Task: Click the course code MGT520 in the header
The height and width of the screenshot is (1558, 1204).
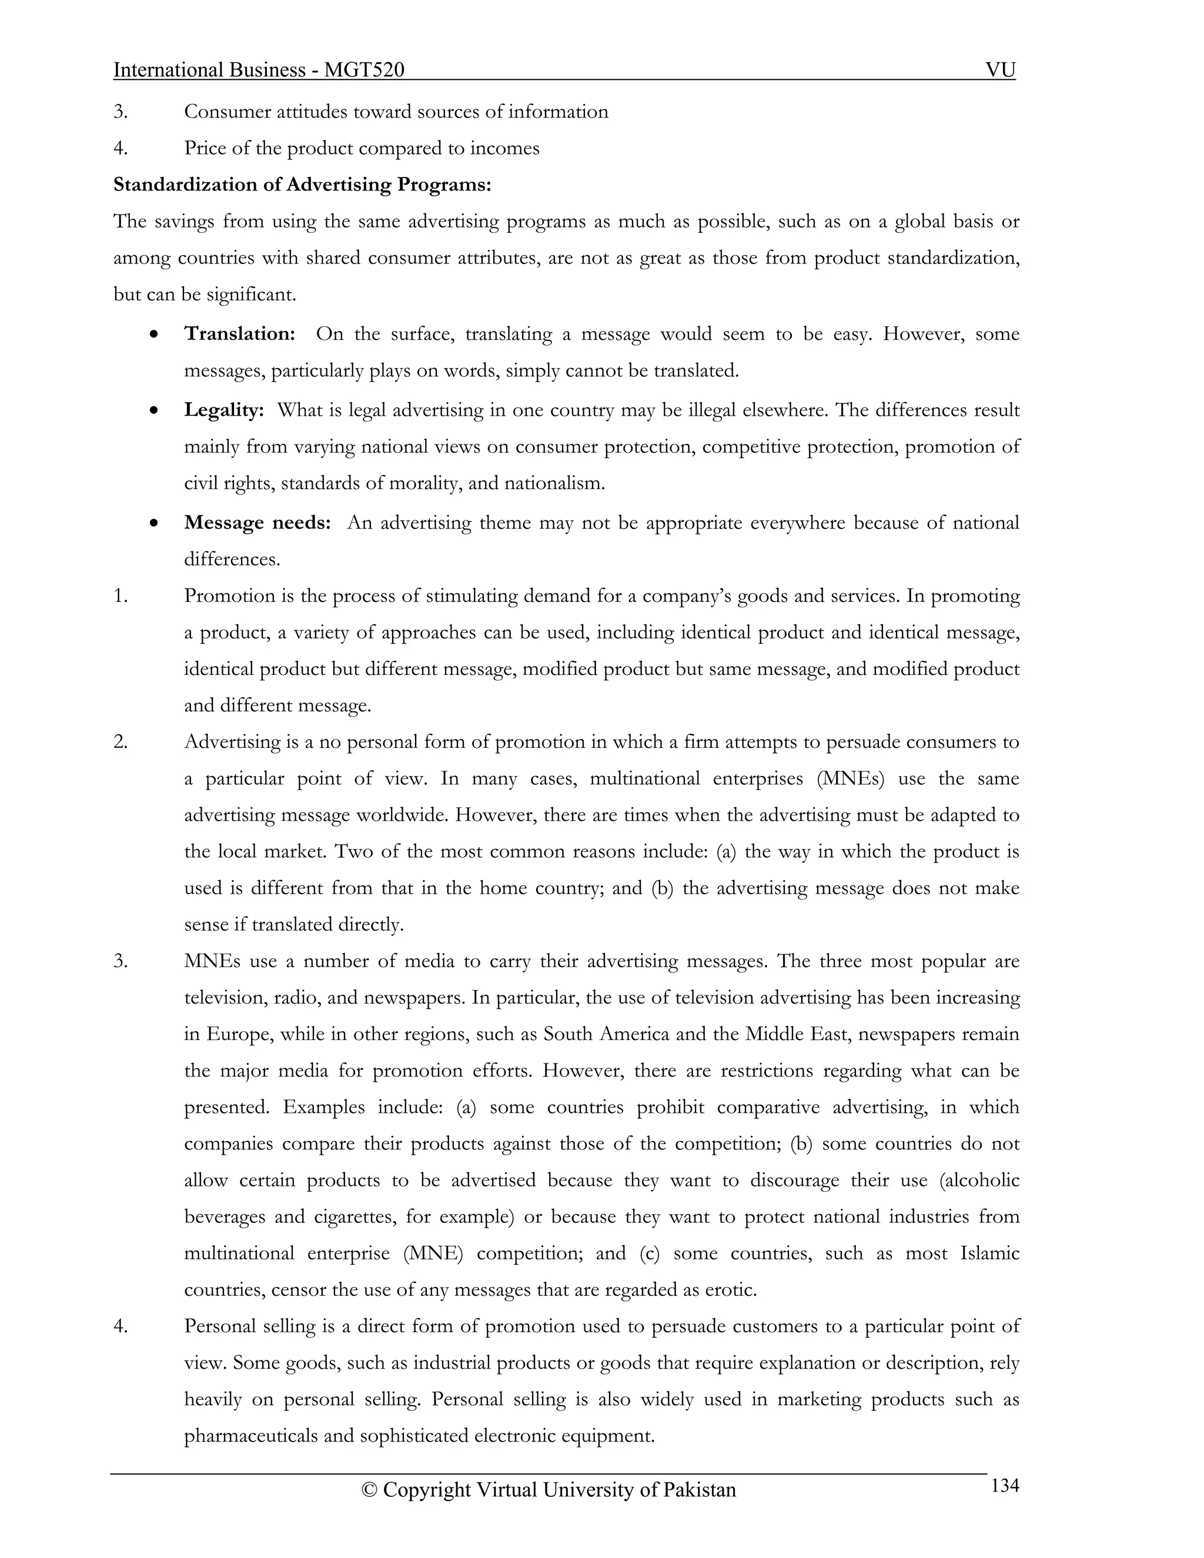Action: [x=364, y=70]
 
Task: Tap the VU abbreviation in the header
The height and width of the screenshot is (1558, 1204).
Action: [x=1000, y=70]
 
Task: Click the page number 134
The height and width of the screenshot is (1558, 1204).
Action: [x=1004, y=1486]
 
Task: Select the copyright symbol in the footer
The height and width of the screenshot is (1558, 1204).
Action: [x=369, y=1490]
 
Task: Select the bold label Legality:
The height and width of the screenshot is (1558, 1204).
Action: [x=224, y=410]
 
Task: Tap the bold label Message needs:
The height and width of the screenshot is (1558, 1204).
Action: [x=257, y=523]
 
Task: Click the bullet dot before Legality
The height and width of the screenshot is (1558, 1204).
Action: [x=154, y=412]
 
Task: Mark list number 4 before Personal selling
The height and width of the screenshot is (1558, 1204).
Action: [x=120, y=1326]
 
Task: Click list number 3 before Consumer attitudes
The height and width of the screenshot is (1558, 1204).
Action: [x=120, y=112]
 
